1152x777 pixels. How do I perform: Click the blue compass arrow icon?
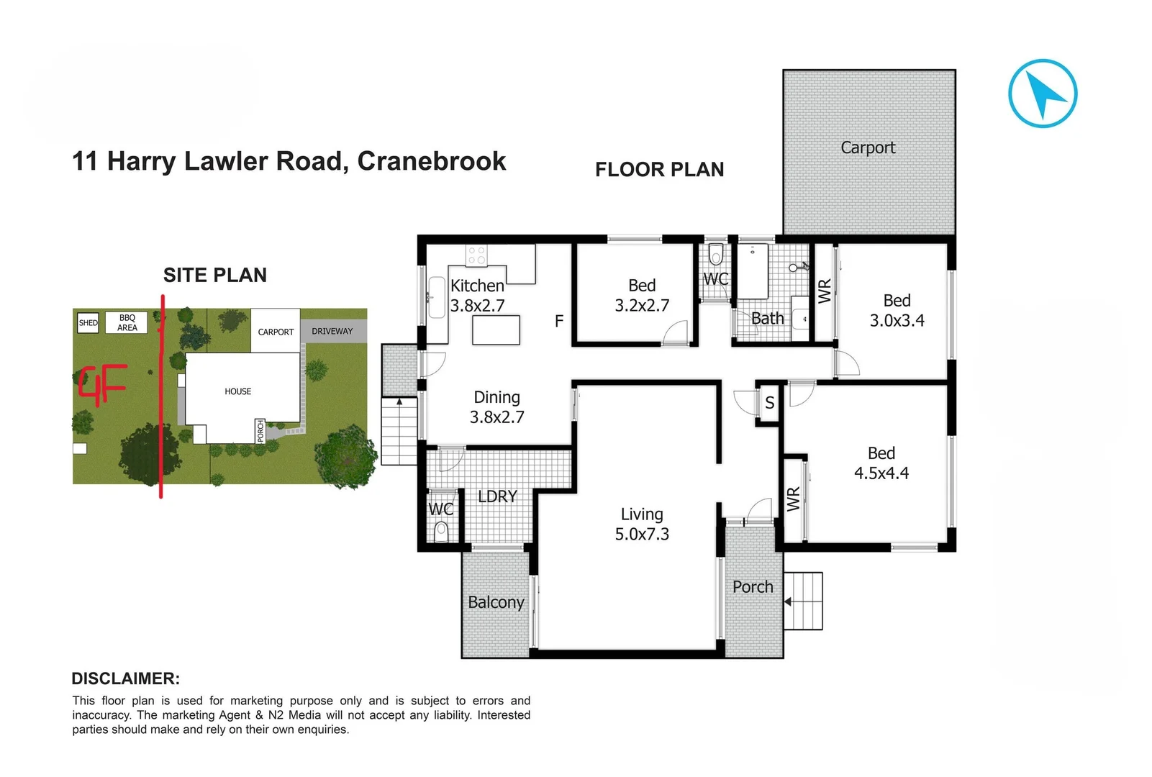coord(1043,94)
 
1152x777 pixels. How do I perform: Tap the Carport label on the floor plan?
coord(868,147)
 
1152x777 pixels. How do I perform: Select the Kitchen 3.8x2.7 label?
coord(477,296)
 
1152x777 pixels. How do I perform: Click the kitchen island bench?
coord(496,330)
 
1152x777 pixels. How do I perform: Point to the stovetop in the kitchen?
coord(476,255)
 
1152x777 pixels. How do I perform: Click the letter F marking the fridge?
coord(559,322)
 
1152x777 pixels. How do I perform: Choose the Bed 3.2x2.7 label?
coord(642,296)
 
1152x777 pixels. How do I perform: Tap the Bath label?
coord(767,319)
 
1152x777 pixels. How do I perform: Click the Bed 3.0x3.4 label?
coord(897,311)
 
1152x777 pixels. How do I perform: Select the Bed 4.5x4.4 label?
coord(881,463)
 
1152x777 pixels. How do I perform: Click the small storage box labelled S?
coord(769,403)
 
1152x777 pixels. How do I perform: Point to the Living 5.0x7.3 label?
coord(642,524)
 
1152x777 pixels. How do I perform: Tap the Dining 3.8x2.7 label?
coord(496,407)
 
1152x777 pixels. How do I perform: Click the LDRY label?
coord(497,496)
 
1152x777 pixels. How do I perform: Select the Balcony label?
coord(496,602)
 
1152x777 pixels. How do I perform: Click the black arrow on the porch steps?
coord(788,601)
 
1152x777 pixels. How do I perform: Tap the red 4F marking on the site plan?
coord(103,385)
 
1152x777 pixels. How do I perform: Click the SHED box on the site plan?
coord(89,323)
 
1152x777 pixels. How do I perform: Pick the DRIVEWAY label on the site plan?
coord(332,332)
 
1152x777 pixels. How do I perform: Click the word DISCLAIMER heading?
coord(125,678)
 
